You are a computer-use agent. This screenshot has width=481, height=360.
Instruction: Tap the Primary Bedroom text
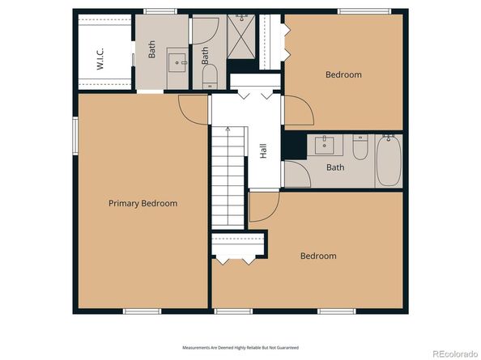click(x=143, y=203)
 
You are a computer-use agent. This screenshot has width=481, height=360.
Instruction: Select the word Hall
click(x=263, y=150)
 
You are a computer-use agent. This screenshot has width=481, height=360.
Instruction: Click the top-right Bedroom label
click(x=343, y=74)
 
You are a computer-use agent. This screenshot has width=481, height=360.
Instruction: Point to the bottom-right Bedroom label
click(x=318, y=256)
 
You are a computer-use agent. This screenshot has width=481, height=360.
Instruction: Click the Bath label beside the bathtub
click(x=335, y=167)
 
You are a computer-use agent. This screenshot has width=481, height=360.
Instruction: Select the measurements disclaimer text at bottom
click(x=240, y=347)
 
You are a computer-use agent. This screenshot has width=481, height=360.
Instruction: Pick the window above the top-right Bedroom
click(x=360, y=11)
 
